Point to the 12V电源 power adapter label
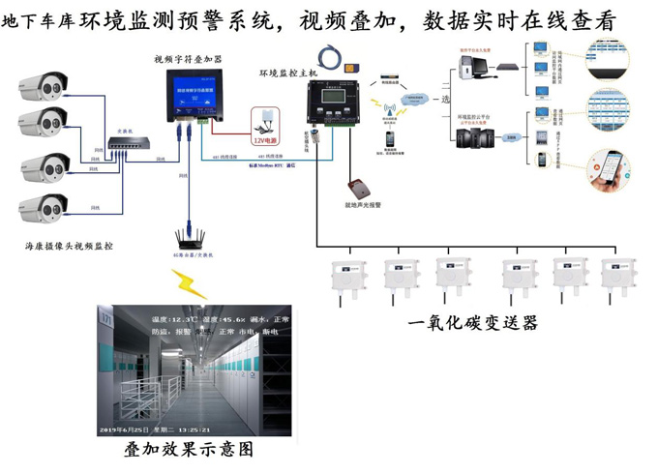[265, 139]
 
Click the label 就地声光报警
[363, 205]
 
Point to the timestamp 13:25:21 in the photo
[193, 428]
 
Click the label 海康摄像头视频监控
[69, 247]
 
